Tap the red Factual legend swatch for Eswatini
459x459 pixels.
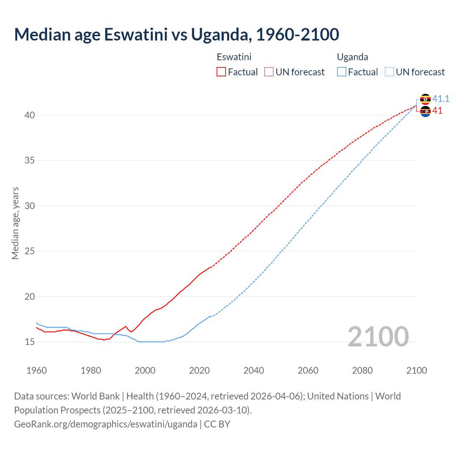(221, 72)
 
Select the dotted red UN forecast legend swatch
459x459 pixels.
(269, 72)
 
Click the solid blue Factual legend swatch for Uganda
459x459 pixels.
(342, 72)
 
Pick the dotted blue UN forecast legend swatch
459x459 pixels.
(389, 72)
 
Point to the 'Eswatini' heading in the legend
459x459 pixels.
(234, 57)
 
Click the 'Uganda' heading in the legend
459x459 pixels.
(352, 57)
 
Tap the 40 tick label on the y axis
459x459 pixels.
(30, 115)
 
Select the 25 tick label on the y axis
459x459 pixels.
(30, 251)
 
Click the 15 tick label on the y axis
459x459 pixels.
(30, 342)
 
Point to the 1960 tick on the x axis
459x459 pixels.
(37, 370)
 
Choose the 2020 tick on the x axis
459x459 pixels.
(199, 370)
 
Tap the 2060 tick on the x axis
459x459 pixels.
(308, 370)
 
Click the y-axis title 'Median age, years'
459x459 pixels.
(15, 223)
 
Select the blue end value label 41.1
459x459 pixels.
(441, 99)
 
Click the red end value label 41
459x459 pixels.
(437, 111)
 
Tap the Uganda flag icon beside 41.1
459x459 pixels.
(425, 99)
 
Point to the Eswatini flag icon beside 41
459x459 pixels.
(425, 112)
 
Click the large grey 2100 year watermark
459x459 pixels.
(378, 337)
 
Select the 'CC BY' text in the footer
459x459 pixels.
(217, 424)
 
